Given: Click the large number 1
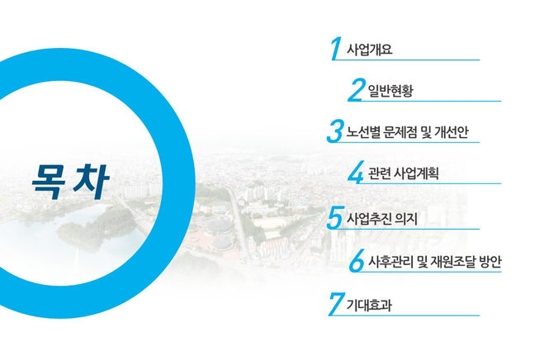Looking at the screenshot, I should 334,47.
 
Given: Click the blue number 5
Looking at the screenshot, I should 334,218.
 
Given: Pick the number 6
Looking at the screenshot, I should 356,262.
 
